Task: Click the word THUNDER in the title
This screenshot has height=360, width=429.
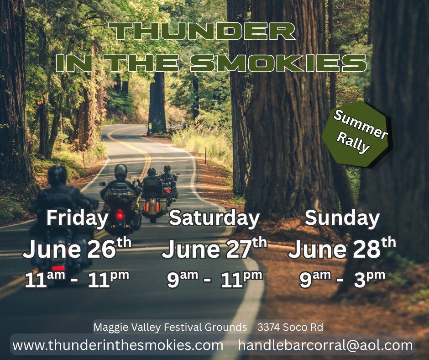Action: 202,31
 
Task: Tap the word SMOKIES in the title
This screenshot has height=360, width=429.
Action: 278,64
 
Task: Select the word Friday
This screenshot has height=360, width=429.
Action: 78,218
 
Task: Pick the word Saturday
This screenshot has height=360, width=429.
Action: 214,218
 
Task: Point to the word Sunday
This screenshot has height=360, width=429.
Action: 342,218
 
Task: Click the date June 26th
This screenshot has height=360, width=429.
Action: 77,248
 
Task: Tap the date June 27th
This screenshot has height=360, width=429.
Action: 214,248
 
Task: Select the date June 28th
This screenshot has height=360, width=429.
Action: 342,248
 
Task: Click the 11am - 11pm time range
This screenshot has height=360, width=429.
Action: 77,280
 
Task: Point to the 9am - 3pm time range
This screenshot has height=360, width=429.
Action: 342,280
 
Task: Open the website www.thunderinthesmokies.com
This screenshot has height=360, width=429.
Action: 118,345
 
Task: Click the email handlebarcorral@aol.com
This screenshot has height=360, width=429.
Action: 325,345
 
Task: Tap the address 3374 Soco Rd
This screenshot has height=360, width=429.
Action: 290,327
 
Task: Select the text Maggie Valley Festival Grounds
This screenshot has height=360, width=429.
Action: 170,328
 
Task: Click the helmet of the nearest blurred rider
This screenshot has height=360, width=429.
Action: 58,175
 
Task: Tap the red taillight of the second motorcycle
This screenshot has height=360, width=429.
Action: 120,215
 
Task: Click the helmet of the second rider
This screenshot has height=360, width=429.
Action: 120,171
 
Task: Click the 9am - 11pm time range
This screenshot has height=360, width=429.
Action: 214,280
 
